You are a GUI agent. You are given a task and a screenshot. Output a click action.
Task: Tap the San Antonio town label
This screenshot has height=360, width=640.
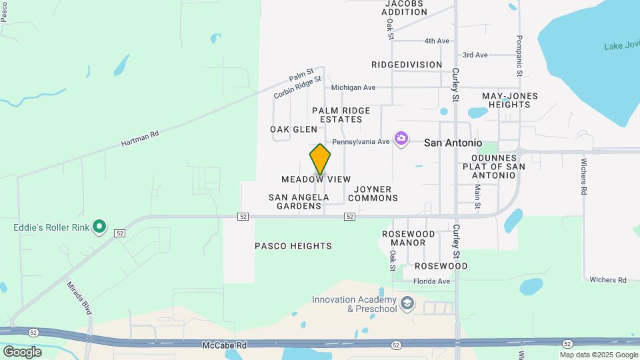pyautogui.click(x=453, y=143)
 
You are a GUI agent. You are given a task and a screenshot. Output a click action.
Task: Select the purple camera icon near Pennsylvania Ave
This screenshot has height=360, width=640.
pyautogui.click(x=401, y=139)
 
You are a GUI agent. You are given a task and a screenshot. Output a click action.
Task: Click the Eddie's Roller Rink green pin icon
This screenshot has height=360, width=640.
pyautogui.click(x=99, y=227)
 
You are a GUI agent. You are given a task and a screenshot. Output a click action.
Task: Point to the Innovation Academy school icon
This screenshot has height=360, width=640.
pyautogui.click(x=407, y=305)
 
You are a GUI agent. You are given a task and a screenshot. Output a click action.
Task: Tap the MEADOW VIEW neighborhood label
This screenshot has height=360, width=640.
pyautogui.click(x=316, y=179)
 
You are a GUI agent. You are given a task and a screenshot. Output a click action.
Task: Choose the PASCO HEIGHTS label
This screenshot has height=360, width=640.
pyautogui.click(x=293, y=246)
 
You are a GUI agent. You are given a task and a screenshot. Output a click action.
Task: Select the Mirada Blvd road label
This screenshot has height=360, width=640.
pyautogui.click(x=79, y=298)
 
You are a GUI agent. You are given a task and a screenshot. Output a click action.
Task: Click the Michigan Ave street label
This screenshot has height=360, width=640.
pyautogui.click(x=353, y=87)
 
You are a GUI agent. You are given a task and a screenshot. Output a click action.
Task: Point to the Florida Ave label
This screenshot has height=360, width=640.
pyautogui.click(x=431, y=281)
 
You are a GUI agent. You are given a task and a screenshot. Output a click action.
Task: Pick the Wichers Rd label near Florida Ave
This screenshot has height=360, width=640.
pyautogui.click(x=608, y=280)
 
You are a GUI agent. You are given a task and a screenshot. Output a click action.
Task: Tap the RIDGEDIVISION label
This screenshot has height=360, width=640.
pyautogui.click(x=407, y=65)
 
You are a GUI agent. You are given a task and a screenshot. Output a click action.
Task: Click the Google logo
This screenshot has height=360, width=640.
pyautogui.click(x=22, y=351)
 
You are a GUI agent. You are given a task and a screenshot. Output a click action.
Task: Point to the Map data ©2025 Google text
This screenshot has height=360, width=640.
pyautogui.click(x=599, y=355)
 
